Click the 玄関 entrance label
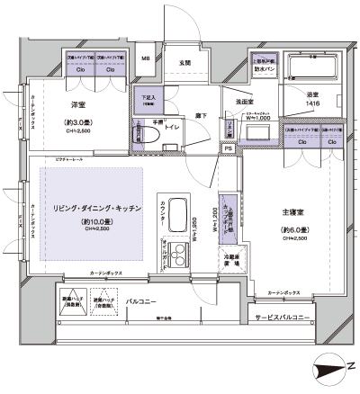click(x=185, y=63)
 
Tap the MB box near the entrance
click(x=145, y=59)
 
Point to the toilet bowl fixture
click(x=139, y=134)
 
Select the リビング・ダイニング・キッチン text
click(x=88, y=207)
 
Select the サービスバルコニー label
click(x=283, y=318)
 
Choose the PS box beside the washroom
click(x=229, y=148)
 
